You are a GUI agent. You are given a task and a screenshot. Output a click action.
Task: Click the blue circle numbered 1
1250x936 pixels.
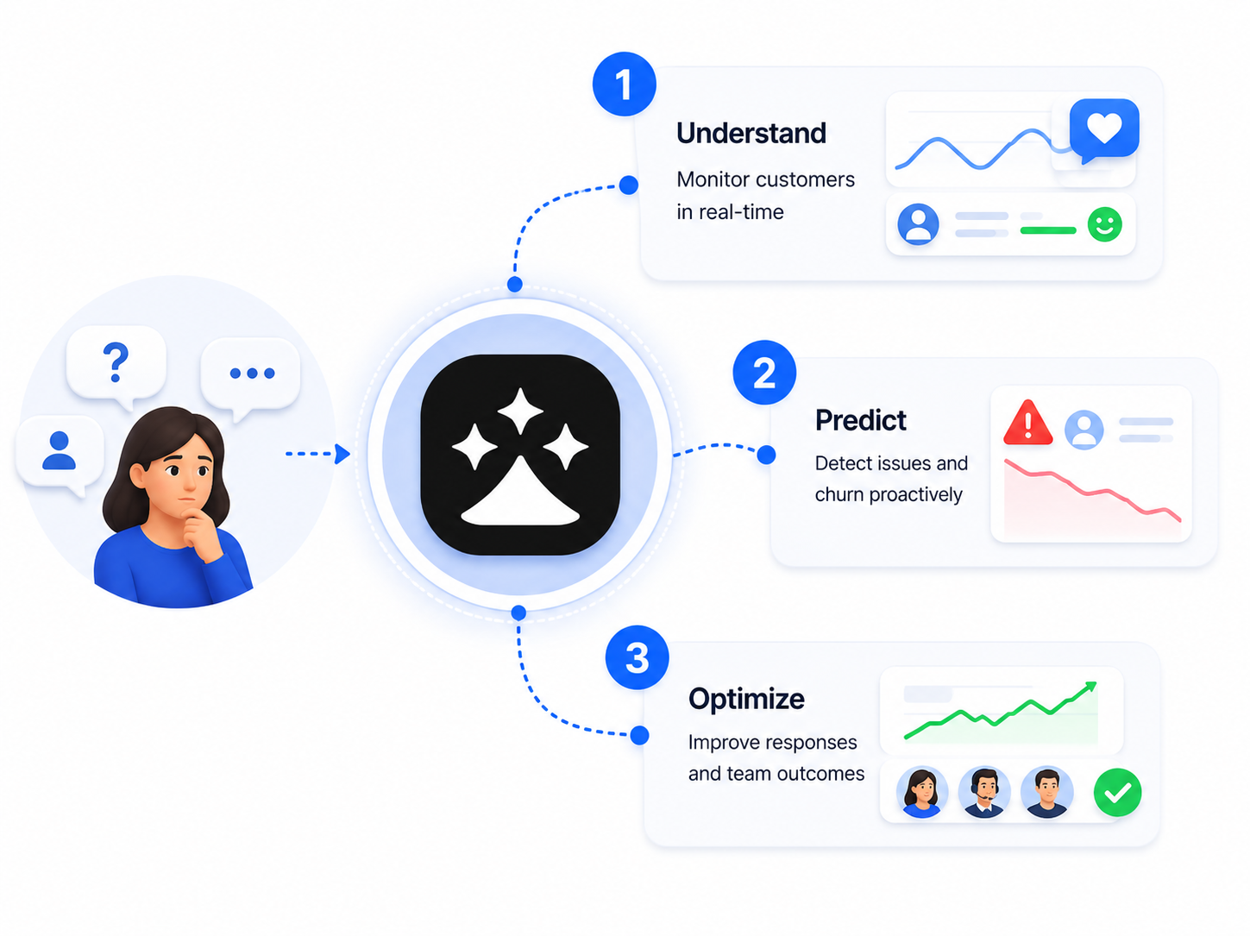(x=625, y=85)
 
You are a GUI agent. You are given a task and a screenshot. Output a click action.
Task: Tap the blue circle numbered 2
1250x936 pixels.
(x=764, y=373)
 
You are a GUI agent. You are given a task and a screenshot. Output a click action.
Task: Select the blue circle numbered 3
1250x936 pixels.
(x=637, y=657)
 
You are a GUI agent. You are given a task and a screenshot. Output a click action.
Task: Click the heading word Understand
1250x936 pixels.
(x=751, y=133)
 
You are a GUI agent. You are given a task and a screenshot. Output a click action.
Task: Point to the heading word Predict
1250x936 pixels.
(x=860, y=420)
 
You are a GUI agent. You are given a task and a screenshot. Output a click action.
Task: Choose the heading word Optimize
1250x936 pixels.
(x=746, y=699)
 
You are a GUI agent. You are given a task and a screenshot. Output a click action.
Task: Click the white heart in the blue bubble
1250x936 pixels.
(x=1104, y=127)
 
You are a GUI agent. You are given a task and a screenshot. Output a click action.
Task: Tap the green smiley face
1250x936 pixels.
(x=1105, y=224)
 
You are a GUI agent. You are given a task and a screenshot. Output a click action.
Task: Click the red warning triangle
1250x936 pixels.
(x=1028, y=423)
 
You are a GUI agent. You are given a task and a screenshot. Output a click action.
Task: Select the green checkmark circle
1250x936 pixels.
(x=1117, y=792)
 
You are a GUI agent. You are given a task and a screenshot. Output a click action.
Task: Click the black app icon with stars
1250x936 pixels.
(x=520, y=455)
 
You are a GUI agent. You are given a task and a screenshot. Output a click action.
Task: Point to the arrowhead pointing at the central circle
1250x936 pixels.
(x=342, y=454)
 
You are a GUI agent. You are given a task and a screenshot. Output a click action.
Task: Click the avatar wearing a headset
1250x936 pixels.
(x=984, y=792)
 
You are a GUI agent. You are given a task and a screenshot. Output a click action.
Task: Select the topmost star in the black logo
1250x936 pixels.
(x=520, y=411)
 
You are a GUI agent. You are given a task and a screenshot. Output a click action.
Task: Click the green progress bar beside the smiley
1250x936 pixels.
(x=1048, y=230)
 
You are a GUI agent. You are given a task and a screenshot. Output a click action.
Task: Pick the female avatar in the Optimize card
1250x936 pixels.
(x=922, y=792)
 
